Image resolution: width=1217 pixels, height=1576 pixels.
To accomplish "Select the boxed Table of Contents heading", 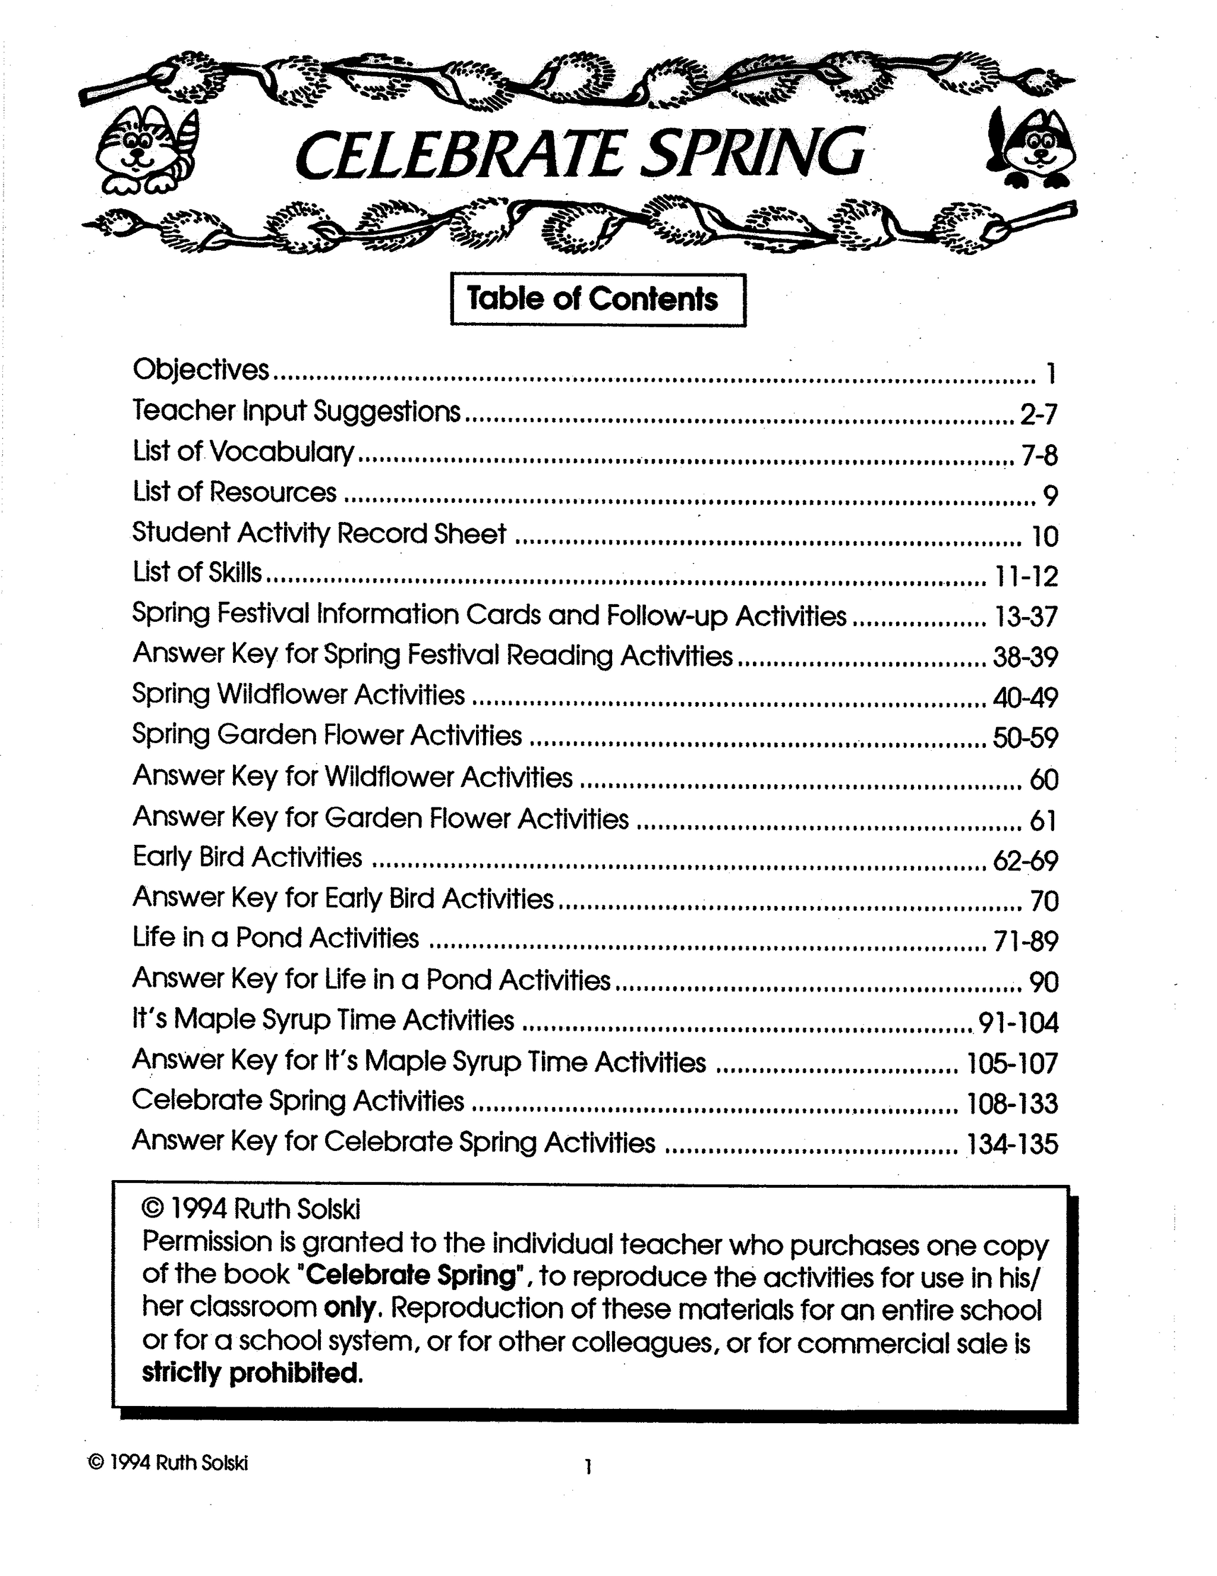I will pyautogui.click(x=598, y=300).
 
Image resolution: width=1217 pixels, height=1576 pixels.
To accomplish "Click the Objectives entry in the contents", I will pyautogui.click(x=200, y=370).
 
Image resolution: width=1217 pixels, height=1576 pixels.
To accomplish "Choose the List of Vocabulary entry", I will pyautogui.click(x=244, y=452).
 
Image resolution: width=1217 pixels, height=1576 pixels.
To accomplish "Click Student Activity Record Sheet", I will pyautogui.click(x=320, y=534).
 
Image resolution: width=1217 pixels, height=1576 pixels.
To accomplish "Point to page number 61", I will pyautogui.click(x=1043, y=820).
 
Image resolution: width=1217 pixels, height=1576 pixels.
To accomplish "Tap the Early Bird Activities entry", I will pyautogui.click(x=247, y=857).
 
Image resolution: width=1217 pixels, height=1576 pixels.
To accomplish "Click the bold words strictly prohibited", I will pyautogui.click(x=250, y=1371).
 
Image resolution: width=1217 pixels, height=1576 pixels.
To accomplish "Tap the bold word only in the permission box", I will pyautogui.click(x=350, y=1307).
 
